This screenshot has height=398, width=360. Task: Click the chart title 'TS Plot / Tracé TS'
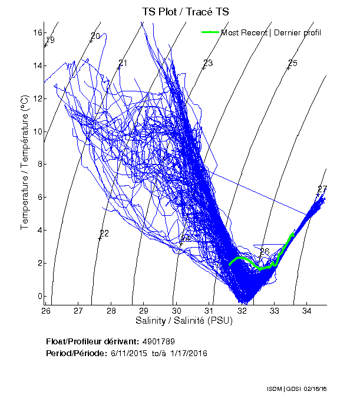point(186,12)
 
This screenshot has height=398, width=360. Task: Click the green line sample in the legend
point(210,32)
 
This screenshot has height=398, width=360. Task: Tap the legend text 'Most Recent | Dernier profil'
point(271,32)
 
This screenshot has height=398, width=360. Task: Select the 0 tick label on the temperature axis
point(38,297)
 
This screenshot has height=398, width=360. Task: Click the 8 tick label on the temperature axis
point(38,165)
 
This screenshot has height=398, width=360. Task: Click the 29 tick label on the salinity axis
point(144,310)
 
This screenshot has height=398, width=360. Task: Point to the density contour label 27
point(322,189)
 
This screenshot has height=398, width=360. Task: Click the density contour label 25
point(293,63)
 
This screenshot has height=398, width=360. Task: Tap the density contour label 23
point(207,63)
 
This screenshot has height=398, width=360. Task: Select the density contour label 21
point(123,63)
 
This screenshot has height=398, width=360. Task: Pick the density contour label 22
point(104,233)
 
